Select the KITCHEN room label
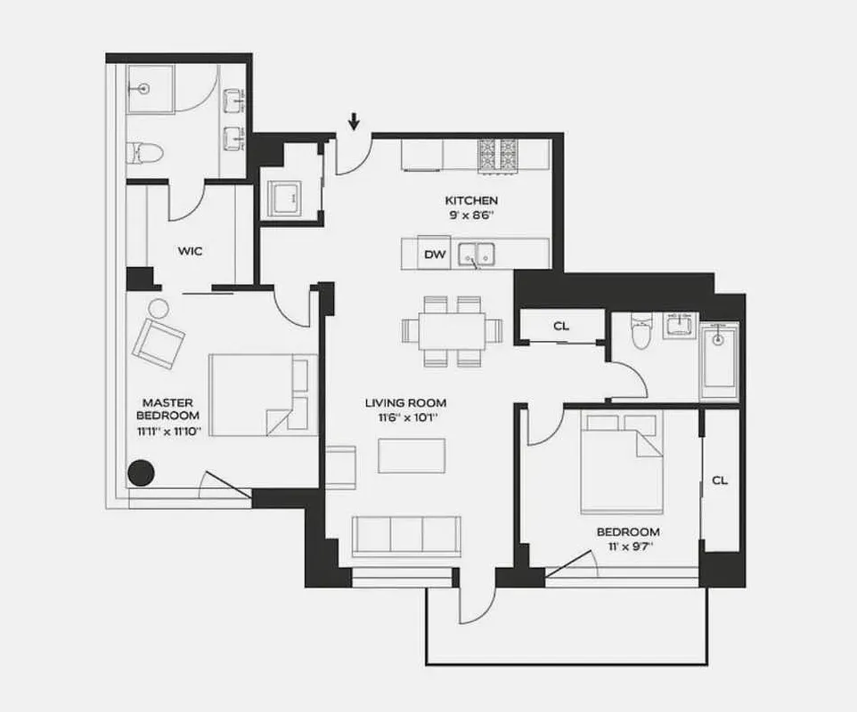pos(470,200)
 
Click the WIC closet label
pos(190,251)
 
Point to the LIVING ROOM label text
pos(405,401)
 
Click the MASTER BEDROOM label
pos(167,409)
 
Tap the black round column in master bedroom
pos(140,473)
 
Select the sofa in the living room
pos(406,536)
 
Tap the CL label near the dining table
pos(560,326)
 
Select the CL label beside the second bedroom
pos(720,481)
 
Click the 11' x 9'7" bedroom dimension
pos(628,547)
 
